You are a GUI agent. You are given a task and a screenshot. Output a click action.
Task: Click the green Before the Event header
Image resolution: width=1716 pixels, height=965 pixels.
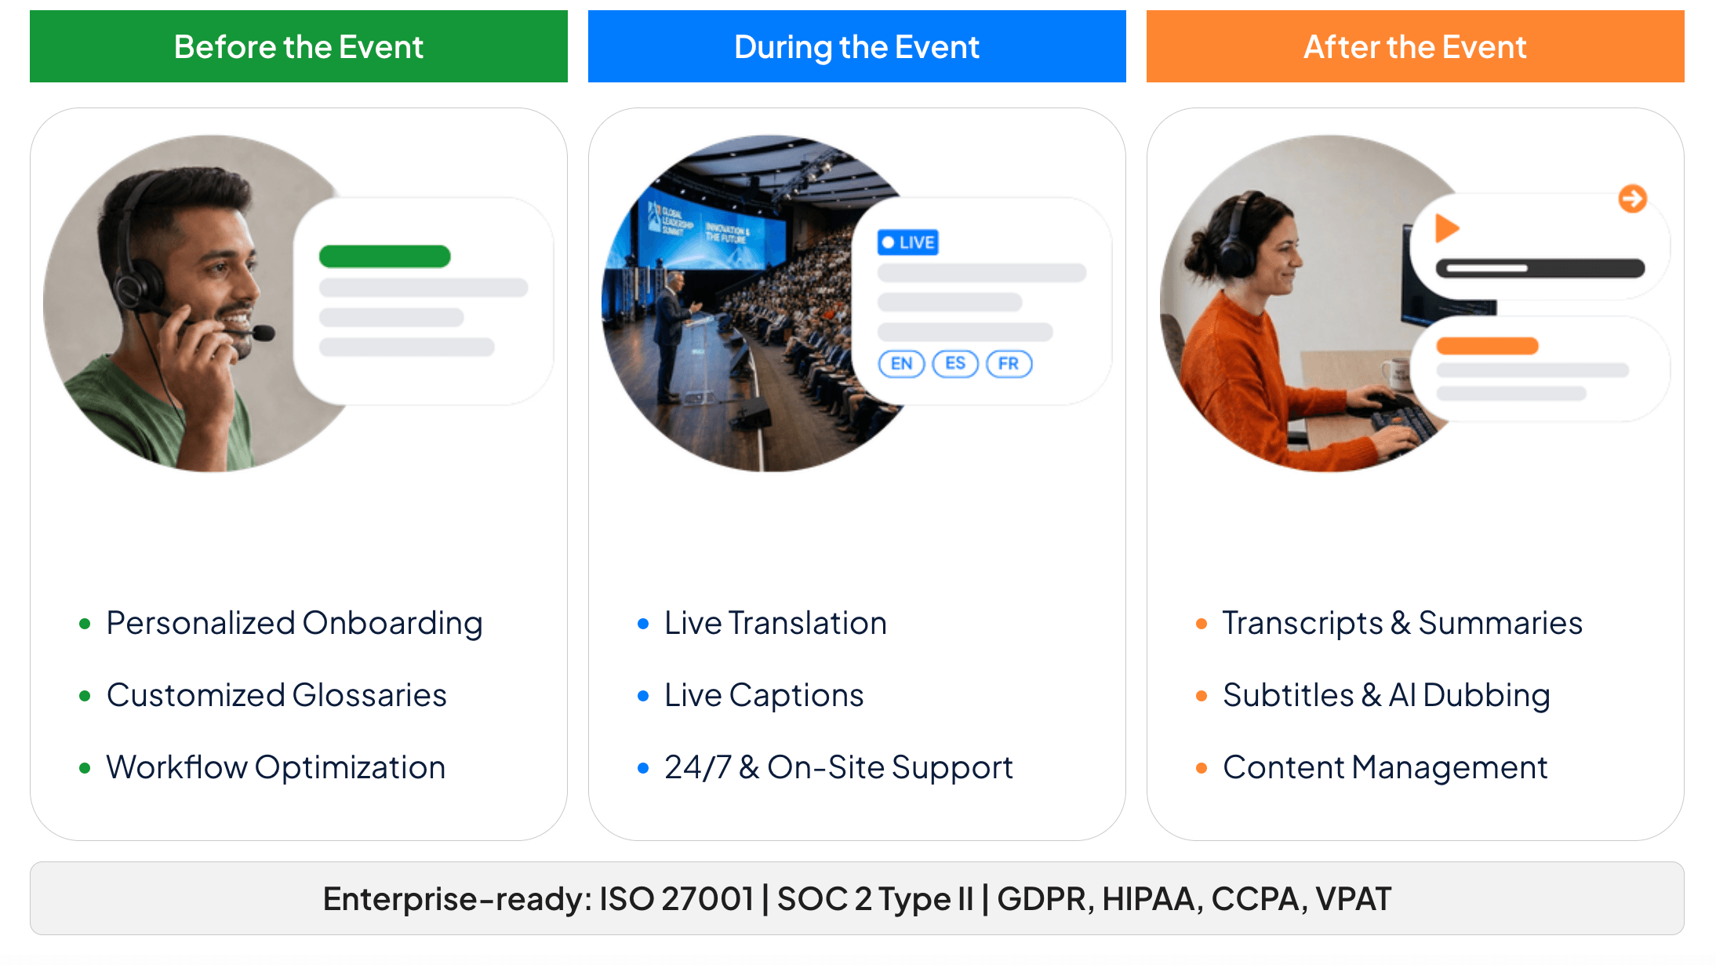coord(298,46)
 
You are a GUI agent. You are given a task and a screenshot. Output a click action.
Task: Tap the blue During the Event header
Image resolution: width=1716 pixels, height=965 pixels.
coord(856,46)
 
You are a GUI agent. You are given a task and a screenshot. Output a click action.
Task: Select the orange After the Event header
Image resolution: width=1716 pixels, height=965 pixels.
coord(1415,46)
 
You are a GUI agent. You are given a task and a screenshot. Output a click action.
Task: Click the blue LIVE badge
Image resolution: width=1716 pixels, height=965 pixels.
coord(908,242)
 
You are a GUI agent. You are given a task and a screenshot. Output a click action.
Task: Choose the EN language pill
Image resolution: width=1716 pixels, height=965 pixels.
coord(902,364)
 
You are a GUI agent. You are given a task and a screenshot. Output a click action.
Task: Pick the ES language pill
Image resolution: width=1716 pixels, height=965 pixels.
coord(955,364)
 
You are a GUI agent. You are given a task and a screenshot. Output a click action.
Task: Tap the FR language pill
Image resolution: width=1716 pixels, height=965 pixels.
coord(1009,364)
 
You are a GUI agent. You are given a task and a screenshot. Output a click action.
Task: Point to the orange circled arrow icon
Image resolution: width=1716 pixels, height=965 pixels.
coord(1633,198)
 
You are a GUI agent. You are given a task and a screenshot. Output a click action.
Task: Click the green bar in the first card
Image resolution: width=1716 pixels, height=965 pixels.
coord(385,257)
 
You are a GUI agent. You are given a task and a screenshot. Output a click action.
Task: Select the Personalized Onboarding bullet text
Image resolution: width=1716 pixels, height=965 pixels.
coord(294,624)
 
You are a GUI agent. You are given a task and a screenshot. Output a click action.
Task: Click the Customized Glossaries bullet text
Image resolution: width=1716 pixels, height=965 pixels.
coord(277,695)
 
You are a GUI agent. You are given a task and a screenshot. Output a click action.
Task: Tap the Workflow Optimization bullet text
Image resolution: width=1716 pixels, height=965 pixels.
coord(276,767)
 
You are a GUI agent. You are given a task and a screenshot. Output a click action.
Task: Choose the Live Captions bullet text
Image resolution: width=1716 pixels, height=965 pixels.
coord(764,695)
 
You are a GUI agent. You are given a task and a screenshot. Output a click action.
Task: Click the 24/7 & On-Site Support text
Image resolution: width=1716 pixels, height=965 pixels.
coord(838,767)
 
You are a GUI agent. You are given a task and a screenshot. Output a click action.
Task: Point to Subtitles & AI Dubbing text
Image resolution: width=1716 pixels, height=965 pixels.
coord(1387,695)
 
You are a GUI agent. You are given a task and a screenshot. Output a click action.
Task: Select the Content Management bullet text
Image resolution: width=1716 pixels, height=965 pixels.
coord(1385,767)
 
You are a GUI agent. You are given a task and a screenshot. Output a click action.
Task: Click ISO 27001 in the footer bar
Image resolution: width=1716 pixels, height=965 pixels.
coord(676,898)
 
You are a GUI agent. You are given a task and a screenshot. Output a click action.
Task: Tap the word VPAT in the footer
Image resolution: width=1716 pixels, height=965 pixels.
coord(1354,898)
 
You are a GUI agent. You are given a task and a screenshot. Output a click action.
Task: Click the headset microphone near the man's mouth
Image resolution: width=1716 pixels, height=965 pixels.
coord(263,333)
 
